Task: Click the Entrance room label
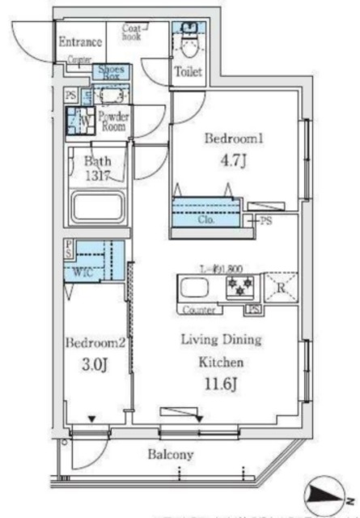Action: [79, 42]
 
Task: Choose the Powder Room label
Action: [114, 121]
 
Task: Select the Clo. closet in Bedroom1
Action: [207, 216]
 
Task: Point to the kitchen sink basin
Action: [196, 288]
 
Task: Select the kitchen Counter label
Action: [198, 309]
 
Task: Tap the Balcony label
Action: [170, 454]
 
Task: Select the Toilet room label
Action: [188, 73]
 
